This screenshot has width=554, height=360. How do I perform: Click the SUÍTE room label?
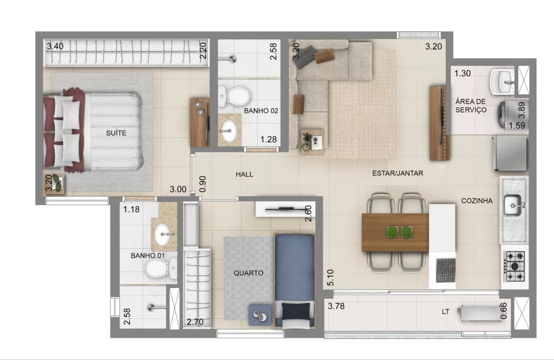coord(116,133)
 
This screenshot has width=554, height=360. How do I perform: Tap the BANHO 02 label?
coord(261,110)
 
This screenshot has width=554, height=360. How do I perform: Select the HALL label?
coord(245,174)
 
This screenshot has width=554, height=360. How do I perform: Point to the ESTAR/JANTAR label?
coord(398,173)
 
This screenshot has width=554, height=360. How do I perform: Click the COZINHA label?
coord(477,201)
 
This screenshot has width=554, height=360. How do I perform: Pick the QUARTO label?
coord(248,273)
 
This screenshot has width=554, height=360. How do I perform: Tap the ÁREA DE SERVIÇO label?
coord(471,106)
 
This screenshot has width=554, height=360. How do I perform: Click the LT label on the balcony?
coord(446,312)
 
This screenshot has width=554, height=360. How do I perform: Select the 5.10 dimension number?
coord(331,278)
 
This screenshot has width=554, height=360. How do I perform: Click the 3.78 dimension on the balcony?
coord(336,306)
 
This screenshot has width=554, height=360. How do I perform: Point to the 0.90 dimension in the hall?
coord(202,184)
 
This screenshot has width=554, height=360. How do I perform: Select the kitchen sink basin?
coord(512,205)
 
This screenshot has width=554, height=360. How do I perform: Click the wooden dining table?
coord(395,232)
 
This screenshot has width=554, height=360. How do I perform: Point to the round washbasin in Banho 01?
coord(163,233)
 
